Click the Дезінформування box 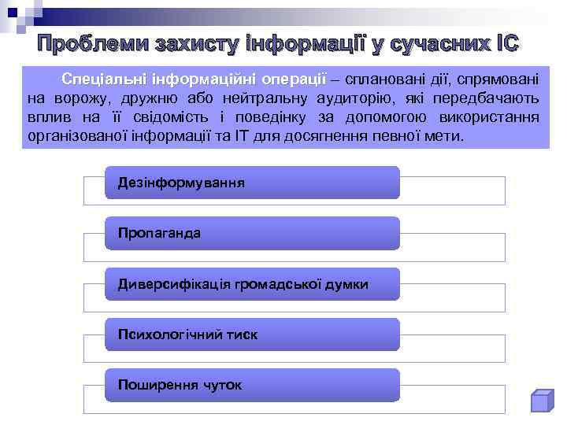coord(252,183)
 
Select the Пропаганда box coord(252,233)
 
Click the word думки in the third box coord(346,284)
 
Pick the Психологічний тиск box coord(252,334)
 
